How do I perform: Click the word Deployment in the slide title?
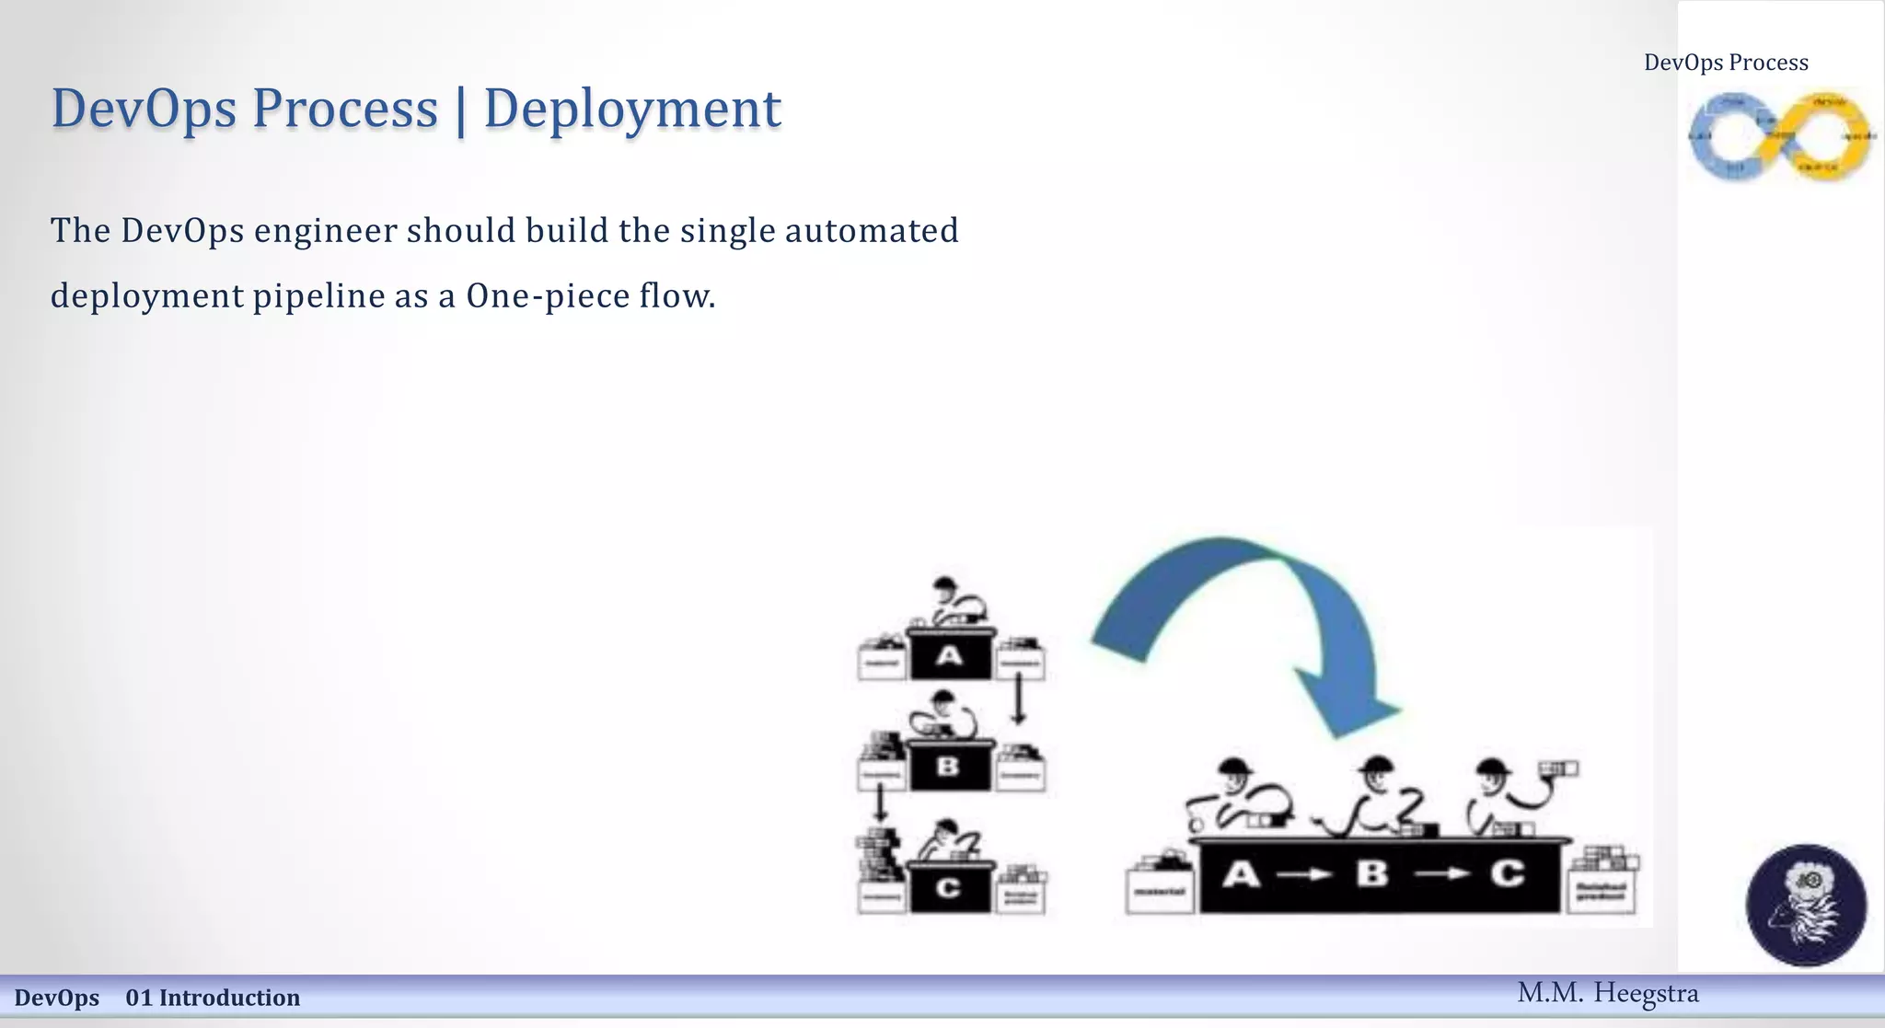[632, 109]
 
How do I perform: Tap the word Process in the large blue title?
[345, 109]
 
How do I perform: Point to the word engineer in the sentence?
[326, 231]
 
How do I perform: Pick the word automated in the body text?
[872, 231]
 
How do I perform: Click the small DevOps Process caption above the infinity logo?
[1726, 63]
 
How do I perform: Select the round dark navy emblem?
[1806, 905]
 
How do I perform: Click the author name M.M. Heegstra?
[1608, 993]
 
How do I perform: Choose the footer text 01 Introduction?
[213, 998]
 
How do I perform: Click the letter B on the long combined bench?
[1371, 872]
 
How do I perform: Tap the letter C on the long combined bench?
[1507, 872]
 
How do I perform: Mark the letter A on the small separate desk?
[949, 656]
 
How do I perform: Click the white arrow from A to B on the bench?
[1305, 874]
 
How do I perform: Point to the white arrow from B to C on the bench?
[1441, 873]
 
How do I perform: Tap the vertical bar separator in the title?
[460, 110]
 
